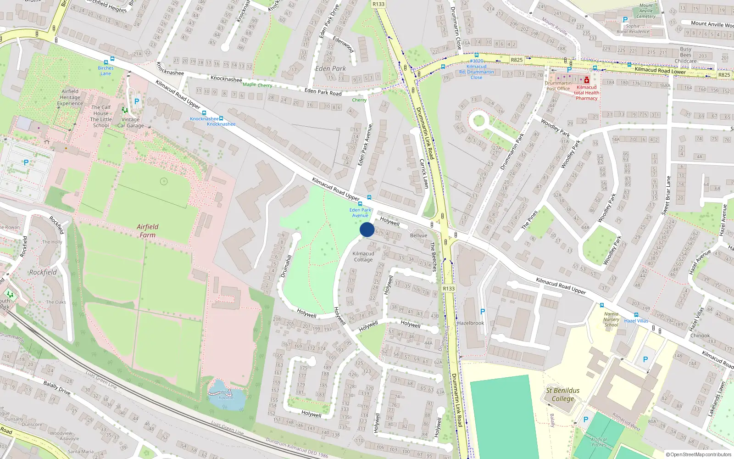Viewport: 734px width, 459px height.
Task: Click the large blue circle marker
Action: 367,229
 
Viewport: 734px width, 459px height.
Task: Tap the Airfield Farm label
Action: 147,231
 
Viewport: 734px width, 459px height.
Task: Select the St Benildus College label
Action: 563,394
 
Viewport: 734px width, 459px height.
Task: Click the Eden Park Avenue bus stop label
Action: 361,213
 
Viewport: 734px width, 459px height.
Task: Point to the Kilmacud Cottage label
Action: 363,257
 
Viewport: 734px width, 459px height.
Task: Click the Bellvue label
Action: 418,235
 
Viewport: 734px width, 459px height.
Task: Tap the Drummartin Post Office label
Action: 558,86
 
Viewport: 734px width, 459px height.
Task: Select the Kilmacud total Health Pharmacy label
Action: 587,93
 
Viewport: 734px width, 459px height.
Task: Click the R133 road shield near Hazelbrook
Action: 449,289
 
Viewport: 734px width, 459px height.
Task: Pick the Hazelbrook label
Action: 471,323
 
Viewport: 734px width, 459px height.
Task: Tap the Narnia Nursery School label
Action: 611,319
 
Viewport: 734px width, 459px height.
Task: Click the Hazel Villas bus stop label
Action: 636,321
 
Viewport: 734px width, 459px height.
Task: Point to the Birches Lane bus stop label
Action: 106,71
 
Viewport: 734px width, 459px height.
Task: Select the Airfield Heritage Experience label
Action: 70,97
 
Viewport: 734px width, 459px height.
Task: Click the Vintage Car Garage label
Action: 130,123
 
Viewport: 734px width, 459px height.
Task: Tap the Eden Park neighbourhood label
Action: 330,68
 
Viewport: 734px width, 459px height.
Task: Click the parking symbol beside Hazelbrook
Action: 482,312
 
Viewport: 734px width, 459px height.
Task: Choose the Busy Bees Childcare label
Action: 685,55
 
